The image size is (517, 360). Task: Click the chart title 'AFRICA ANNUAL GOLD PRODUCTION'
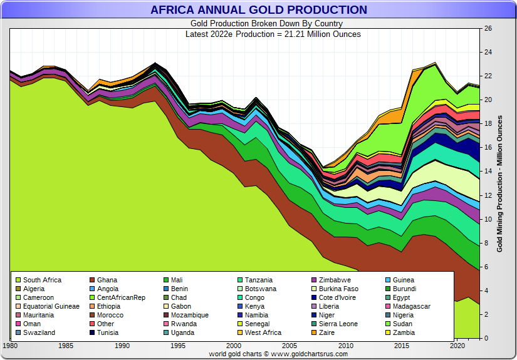pos(258,10)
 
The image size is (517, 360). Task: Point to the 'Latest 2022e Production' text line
pos(273,34)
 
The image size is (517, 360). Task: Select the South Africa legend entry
pos(42,280)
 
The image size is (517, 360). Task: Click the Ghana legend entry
pos(107,280)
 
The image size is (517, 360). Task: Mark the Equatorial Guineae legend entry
pos(51,306)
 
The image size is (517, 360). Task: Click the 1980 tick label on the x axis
pos(11,346)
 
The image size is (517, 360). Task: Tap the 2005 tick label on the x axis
pos(290,346)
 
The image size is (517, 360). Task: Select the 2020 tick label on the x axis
pos(457,346)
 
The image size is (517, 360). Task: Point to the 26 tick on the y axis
pos(488,29)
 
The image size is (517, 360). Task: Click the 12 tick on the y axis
pos(488,195)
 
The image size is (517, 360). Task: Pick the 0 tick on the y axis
pos(486,339)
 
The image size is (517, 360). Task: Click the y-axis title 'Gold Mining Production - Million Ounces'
pos(500,183)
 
